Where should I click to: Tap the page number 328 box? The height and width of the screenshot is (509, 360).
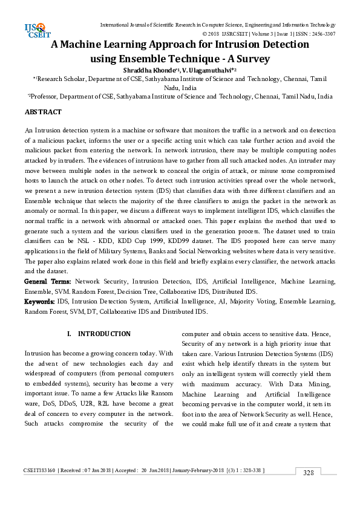[308, 472]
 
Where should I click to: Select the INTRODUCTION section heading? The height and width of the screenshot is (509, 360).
[104, 334]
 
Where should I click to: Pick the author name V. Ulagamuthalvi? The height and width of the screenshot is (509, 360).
[195, 71]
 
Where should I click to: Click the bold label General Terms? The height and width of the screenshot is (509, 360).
[48, 282]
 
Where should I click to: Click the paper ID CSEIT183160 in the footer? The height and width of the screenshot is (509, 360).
[39, 470]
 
